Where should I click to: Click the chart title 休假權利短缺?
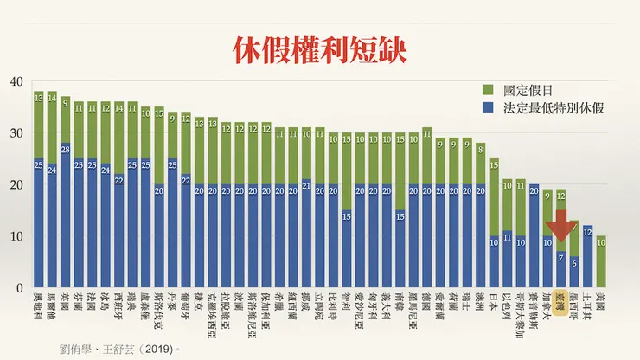319,48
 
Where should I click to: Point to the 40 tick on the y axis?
15,82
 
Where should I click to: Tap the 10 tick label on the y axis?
15,236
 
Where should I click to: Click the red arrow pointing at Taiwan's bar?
560,227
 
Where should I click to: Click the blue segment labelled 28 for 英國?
65,215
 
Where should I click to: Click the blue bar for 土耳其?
587,256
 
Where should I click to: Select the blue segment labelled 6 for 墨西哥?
573,272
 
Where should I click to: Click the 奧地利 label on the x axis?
39,307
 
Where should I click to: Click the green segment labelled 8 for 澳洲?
481,164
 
